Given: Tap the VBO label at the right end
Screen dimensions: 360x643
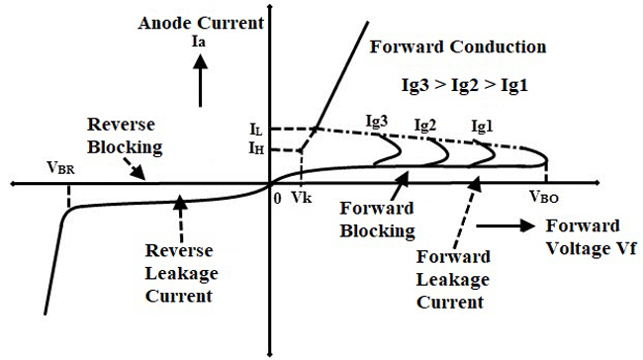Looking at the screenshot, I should pyautogui.click(x=545, y=197).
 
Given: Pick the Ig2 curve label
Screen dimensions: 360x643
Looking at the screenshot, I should pyautogui.click(x=425, y=126).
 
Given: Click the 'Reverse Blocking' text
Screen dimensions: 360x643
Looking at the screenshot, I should pyautogui.click(x=121, y=135).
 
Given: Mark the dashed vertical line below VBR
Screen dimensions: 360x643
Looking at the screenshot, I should pyautogui.click(x=66, y=195).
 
